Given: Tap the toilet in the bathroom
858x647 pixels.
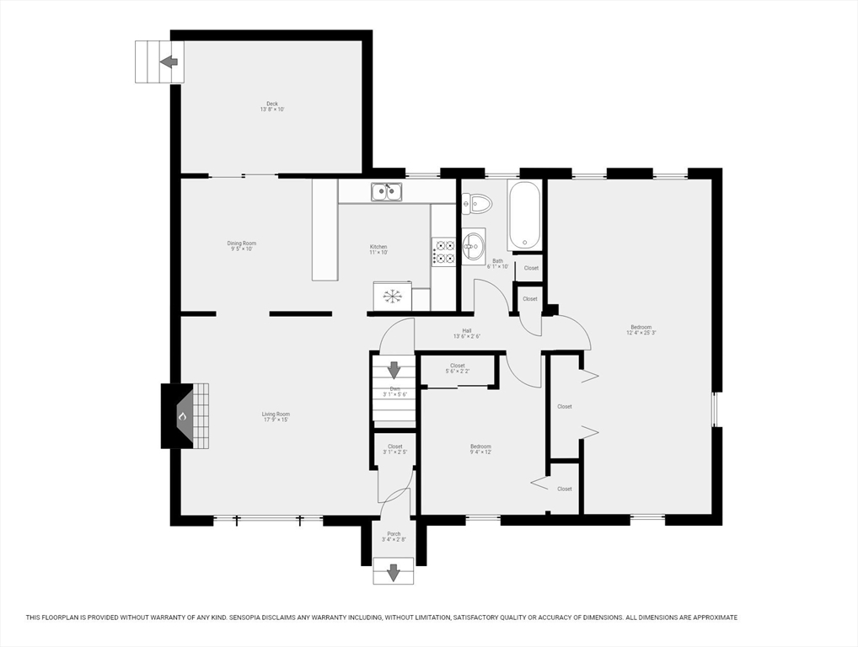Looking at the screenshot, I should click(x=479, y=203).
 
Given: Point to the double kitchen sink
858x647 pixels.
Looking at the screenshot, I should click(x=387, y=192).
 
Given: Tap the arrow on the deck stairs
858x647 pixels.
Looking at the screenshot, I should click(x=169, y=61).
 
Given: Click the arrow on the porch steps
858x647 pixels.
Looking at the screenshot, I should click(x=394, y=573).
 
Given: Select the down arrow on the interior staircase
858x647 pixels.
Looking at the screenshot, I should click(x=394, y=369).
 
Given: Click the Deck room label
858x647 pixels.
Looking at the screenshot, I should click(x=271, y=106).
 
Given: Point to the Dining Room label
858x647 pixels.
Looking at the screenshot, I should click(x=242, y=246).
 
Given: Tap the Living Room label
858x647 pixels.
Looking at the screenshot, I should click(x=276, y=416).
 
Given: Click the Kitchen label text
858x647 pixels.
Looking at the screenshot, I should click(x=378, y=249).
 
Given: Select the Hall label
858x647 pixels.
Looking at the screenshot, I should click(x=466, y=333).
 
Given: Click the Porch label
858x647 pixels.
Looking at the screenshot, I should click(x=394, y=536).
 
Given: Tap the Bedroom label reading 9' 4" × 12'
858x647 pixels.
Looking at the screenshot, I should click(x=480, y=449).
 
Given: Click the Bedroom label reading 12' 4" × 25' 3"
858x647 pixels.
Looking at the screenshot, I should click(x=641, y=329).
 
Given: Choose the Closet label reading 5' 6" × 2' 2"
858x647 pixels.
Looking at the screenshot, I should click(x=457, y=368).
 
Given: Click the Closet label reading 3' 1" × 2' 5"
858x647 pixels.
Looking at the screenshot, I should click(x=394, y=449).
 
